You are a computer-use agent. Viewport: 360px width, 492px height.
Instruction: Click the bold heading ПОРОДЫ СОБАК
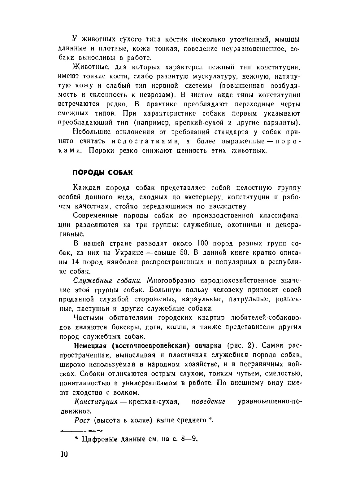(x=102, y=173)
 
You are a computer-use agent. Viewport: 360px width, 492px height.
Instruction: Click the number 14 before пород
(x=76, y=262)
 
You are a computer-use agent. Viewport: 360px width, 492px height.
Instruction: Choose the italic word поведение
(x=208, y=402)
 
